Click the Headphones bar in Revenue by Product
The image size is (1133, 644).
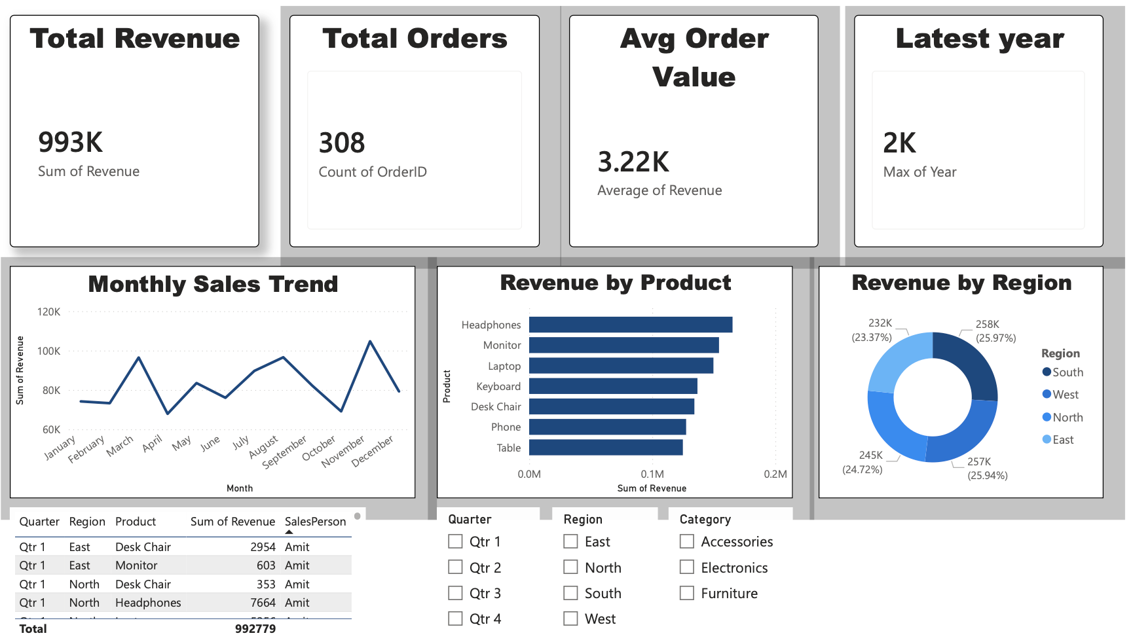click(630, 325)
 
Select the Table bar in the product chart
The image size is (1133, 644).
click(606, 448)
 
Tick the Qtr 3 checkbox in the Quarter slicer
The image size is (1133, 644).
click(455, 593)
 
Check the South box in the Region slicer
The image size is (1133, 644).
click(571, 593)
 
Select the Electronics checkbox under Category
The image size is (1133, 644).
click(687, 567)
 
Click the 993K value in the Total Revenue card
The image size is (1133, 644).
click(71, 143)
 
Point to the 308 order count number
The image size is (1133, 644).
click(342, 143)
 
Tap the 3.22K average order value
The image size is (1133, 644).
click(633, 162)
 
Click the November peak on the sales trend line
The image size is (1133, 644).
click(370, 342)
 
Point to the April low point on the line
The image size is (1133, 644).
click(168, 413)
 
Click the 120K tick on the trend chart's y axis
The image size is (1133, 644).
click(49, 312)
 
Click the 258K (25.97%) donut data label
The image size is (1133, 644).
click(995, 331)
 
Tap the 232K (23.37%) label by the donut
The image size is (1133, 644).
click(872, 331)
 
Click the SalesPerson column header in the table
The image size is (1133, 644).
click(315, 522)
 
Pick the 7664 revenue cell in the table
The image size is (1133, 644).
click(263, 603)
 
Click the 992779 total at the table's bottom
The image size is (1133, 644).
click(255, 629)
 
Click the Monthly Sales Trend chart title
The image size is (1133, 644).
click(213, 284)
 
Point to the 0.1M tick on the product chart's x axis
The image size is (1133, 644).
click(652, 474)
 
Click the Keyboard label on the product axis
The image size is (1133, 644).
click(498, 387)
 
